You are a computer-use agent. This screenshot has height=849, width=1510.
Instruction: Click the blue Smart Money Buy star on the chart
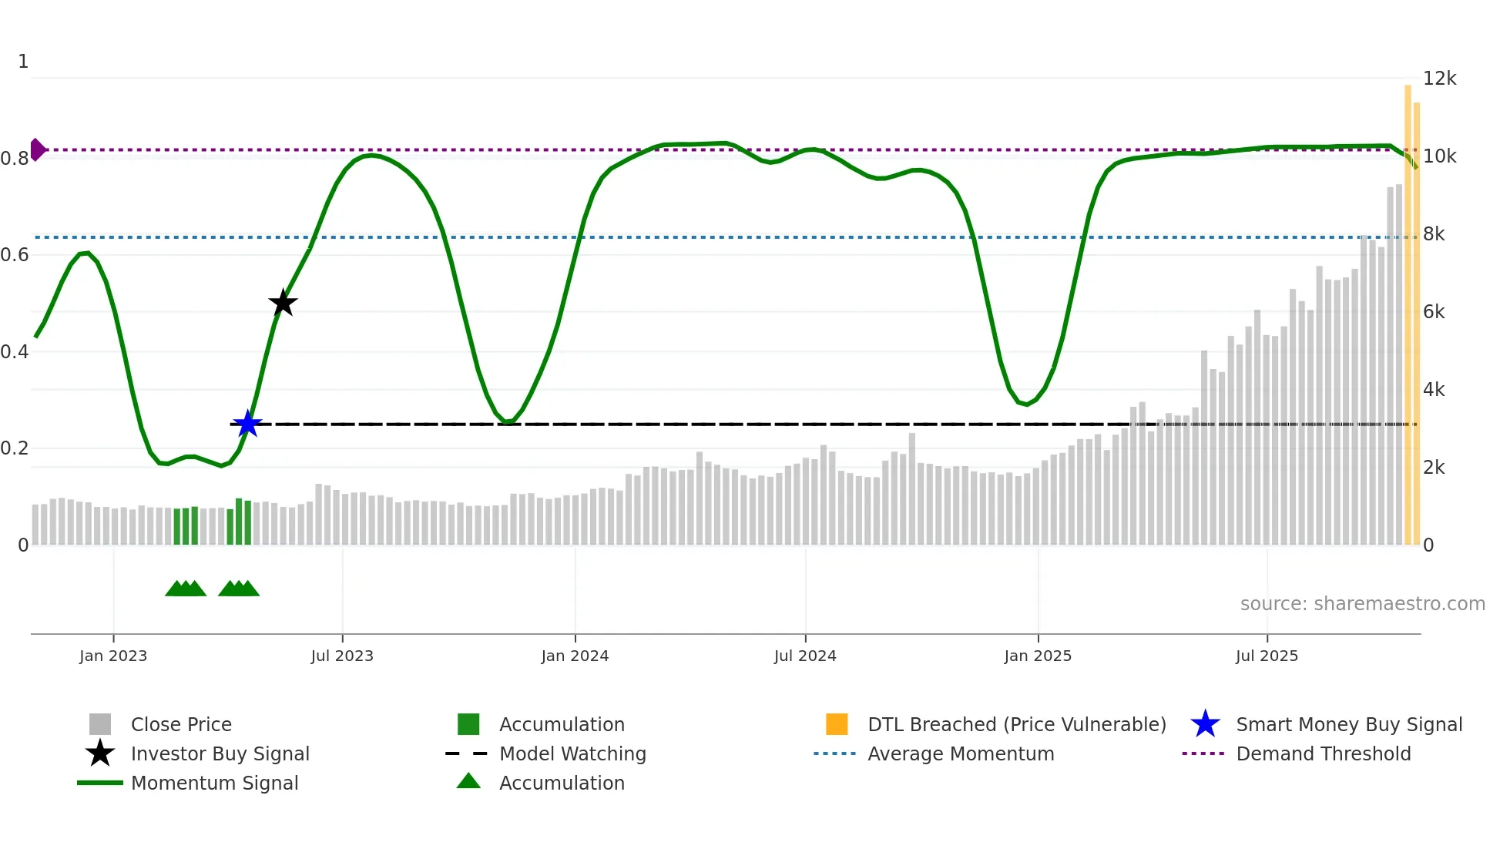click(247, 424)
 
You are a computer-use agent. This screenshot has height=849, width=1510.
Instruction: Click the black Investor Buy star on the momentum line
click(283, 303)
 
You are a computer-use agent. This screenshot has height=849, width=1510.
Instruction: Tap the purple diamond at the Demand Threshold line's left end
click(37, 149)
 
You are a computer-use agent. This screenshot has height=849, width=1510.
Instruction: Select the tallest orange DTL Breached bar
click(1408, 316)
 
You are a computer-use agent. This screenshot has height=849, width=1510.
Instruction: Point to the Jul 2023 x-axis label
click(342, 656)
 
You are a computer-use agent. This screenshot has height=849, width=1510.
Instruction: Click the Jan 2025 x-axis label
click(1038, 656)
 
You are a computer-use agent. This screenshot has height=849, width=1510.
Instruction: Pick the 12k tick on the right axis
click(1439, 79)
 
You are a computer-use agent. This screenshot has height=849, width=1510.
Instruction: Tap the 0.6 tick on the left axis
click(15, 254)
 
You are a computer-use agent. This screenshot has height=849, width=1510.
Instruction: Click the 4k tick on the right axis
click(1434, 390)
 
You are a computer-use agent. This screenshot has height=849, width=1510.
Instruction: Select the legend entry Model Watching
click(572, 753)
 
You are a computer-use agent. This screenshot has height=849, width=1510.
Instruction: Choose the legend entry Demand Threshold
click(1323, 753)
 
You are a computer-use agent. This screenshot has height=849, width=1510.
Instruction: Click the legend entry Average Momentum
click(960, 753)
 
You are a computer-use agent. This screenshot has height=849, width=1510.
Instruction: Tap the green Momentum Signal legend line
click(100, 783)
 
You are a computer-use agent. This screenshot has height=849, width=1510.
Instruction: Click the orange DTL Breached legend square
click(837, 724)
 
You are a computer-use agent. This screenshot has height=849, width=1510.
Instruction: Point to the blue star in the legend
click(1205, 724)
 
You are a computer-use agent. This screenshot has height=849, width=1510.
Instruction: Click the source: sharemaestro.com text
click(1362, 604)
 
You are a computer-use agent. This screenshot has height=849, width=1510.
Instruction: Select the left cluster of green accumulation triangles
click(186, 589)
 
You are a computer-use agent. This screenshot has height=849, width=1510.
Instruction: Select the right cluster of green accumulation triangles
click(239, 589)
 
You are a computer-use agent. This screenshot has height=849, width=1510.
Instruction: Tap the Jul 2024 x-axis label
click(805, 656)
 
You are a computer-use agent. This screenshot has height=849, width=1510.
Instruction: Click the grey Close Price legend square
click(100, 724)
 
